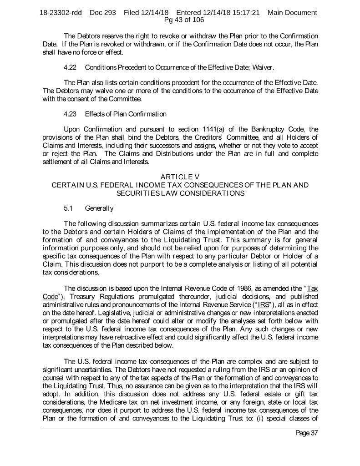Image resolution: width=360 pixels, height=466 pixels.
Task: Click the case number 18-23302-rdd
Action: pos(61,13)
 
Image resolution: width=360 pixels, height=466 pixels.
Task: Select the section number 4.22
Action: pos(70,68)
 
